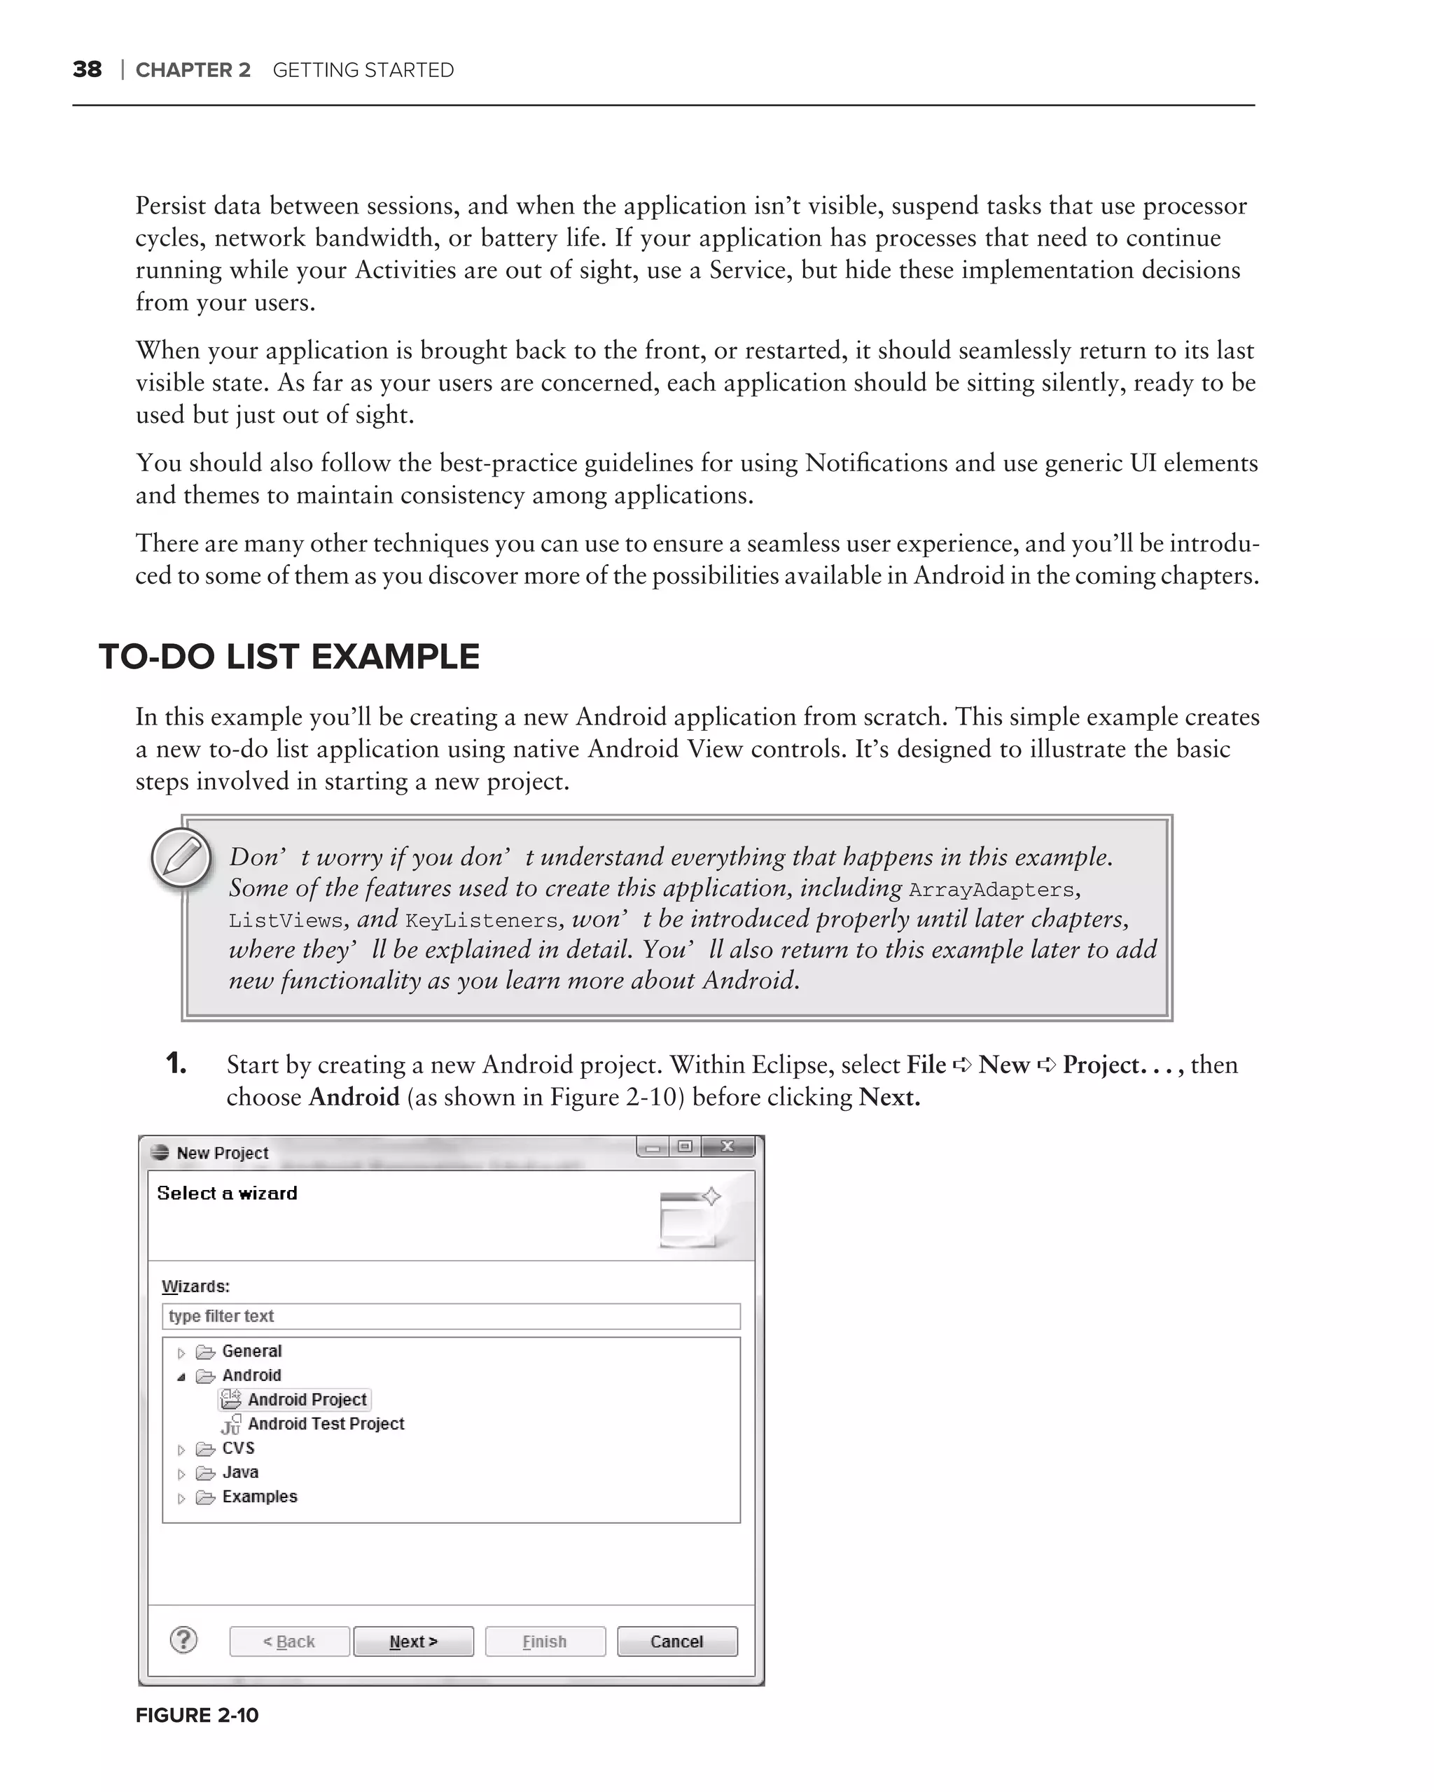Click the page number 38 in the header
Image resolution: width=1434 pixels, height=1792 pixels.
[x=88, y=69]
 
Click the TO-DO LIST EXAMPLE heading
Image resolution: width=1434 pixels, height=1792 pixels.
[x=288, y=657]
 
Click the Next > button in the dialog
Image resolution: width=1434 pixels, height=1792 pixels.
[x=413, y=1641]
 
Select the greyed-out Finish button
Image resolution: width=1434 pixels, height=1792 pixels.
[x=545, y=1641]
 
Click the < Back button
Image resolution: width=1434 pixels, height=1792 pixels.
[x=288, y=1641]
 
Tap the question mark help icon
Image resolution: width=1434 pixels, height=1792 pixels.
[x=183, y=1640]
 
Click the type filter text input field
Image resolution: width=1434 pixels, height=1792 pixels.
[x=450, y=1316]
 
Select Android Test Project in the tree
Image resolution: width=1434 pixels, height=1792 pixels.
[x=325, y=1424]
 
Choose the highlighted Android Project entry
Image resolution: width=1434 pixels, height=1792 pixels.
[x=306, y=1400]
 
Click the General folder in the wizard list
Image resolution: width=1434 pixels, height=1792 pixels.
[x=251, y=1352]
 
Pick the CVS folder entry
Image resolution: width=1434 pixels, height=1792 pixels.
[x=238, y=1448]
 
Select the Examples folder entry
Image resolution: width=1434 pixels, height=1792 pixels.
[x=258, y=1496]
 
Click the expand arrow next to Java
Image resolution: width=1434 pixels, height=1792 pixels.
[x=181, y=1473]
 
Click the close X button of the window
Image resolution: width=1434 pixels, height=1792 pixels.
[x=728, y=1147]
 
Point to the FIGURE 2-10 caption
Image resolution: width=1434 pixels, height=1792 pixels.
[x=197, y=1715]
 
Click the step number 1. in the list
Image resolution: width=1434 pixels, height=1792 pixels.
[x=176, y=1063]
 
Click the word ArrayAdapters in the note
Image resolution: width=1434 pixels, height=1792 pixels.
[x=991, y=890]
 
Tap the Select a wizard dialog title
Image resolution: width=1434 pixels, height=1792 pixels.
[x=227, y=1193]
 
